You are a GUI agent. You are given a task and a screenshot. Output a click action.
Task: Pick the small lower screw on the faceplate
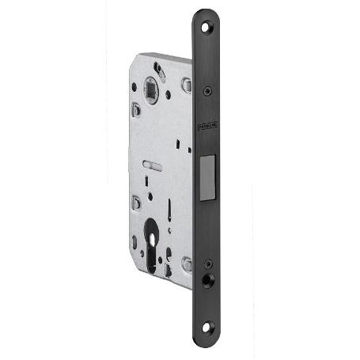coord(207,263)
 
